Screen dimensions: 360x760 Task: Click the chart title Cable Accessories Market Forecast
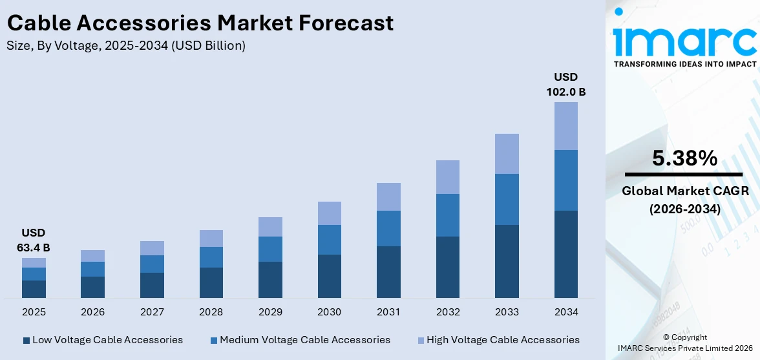[200, 23]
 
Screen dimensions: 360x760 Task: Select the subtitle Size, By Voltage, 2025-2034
[126, 46]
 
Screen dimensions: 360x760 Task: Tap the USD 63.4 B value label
[33, 240]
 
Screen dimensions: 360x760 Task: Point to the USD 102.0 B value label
[565, 85]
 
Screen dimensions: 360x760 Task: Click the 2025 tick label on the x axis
[34, 312]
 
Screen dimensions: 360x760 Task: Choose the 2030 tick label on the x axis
[329, 312]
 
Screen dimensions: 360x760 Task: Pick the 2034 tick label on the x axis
[565, 312]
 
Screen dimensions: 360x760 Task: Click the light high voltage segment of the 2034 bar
[565, 126]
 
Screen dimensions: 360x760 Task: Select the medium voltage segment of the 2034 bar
[565, 180]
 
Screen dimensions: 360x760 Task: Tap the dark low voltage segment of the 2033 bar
[507, 261]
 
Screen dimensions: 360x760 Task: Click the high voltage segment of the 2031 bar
[388, 196]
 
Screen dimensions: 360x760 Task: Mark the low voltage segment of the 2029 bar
[270, 279]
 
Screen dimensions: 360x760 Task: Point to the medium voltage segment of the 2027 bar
[152, 264]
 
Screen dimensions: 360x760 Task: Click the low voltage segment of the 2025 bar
[34, 289]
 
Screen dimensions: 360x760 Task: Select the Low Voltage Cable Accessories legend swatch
[26, 340]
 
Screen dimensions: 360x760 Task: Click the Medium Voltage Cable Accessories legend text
[305, 340]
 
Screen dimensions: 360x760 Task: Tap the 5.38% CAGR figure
[684, 158]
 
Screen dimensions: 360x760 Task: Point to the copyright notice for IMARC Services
[684, 343]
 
